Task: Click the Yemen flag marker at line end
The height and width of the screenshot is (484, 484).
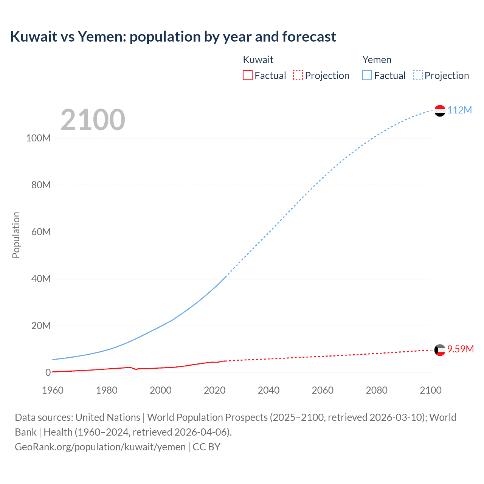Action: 440,110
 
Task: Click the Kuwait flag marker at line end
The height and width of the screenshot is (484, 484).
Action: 440,350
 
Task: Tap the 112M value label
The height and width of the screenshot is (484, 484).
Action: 459,110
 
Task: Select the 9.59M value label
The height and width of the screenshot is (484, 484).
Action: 460,349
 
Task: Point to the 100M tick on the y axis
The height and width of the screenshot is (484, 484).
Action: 38,138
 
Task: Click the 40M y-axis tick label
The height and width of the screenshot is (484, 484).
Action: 41,279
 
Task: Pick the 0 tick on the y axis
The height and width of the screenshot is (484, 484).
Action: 48,372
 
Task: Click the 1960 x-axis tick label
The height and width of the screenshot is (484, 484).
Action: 53,390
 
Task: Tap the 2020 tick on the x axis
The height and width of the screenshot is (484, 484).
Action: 214,390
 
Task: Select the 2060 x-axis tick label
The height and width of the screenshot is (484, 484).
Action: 323,390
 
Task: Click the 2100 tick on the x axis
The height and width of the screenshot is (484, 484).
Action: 430,390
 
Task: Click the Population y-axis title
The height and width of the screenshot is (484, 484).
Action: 16,235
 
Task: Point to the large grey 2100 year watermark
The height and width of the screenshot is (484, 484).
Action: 93,120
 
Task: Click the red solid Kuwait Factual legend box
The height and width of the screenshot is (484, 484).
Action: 247,76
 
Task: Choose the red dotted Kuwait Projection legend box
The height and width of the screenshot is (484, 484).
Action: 298,76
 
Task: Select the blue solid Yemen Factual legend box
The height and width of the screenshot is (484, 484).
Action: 367,76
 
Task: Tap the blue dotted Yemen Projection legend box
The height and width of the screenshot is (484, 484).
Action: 417,76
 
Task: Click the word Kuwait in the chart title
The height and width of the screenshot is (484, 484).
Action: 33,37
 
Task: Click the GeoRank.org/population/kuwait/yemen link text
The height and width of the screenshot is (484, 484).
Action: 100,447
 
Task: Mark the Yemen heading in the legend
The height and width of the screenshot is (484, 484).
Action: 377,60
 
